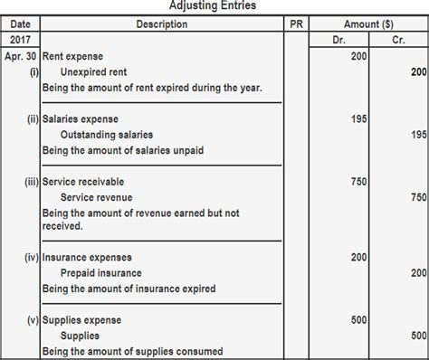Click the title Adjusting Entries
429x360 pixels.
point(213,6)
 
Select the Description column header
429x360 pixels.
point(162,24)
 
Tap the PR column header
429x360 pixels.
point(295,24)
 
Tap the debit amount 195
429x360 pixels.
point(359,118)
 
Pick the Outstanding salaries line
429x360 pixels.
point(105,134)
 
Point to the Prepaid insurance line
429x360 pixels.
point(101,273)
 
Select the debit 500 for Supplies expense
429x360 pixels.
point(359,320)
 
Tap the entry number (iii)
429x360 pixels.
point(31,182)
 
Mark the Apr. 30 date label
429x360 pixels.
point(20,56)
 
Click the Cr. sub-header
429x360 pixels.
point(399,41)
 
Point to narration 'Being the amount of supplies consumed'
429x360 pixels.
point(132,351)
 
